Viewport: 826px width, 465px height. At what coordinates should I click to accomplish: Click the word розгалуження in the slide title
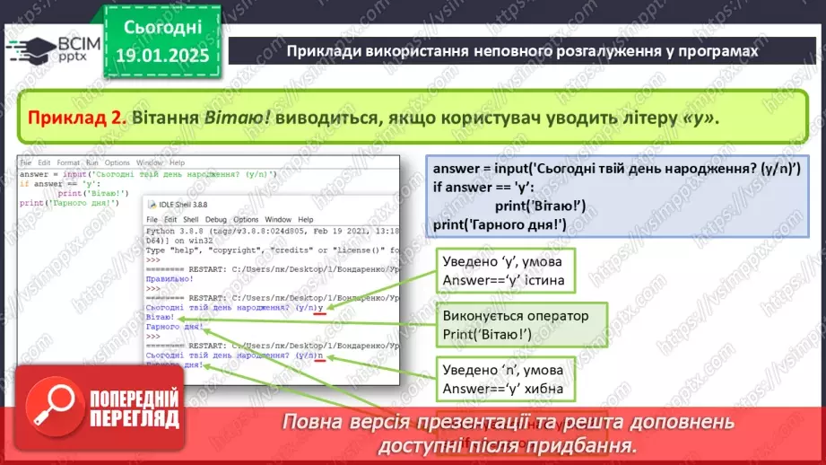coord(559,51)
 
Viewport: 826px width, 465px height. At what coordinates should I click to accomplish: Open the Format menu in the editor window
coord(68,162)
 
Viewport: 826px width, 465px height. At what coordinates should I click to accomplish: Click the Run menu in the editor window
coord(91,162)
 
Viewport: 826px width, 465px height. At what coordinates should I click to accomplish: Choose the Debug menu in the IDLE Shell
coord(215,219)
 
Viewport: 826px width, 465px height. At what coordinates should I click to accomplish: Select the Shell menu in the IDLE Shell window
coord(190,219)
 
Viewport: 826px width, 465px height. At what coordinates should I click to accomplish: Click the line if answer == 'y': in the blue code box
coord(483,188)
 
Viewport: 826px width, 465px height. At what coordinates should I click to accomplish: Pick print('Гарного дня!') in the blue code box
coord(499,224)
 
